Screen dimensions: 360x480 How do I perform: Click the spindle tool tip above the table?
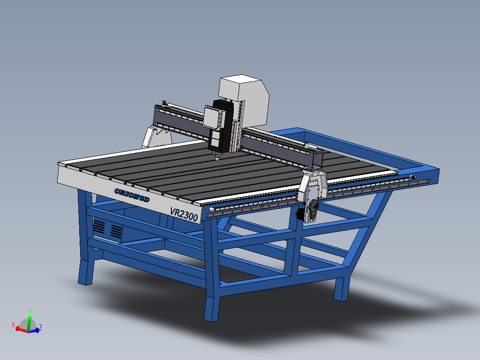(217, 157)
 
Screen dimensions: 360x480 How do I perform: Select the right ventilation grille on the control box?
(117, 230)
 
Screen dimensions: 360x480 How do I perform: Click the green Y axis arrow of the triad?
(29, 314)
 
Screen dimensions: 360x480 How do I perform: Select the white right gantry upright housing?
(313, 187)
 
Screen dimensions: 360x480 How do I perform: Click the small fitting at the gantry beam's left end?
(164, 103)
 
